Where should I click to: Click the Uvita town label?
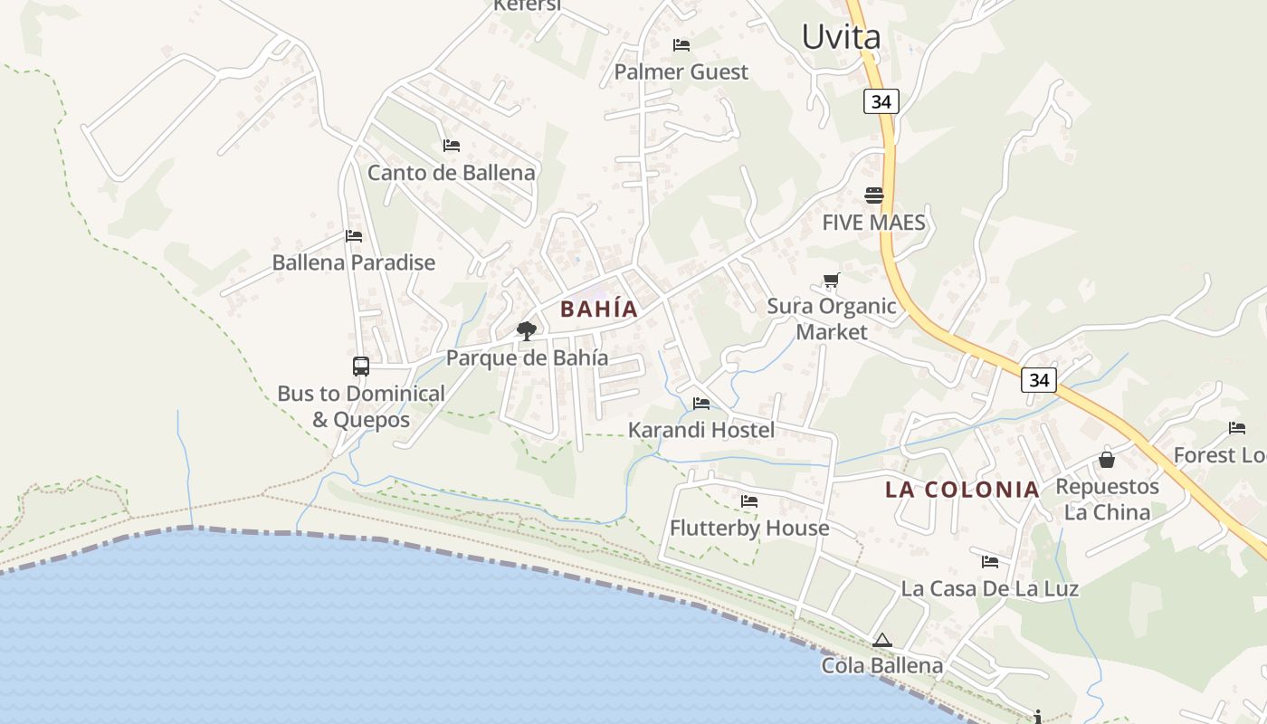coord(841,37)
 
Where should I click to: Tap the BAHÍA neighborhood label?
coord(599,309)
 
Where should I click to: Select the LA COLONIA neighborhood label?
coord(962,490)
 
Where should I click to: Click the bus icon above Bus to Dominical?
coord(361,367)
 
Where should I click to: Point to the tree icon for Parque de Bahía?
coord(526,331)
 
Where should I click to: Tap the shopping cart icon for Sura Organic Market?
coord(832,281)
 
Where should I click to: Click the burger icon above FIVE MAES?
coord(873,195)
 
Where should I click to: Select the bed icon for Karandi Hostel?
coord(701,404)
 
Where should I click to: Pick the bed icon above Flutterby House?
coord(749,500)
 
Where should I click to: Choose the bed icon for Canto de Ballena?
coord(452,146)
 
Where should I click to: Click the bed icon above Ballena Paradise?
coord(354,236)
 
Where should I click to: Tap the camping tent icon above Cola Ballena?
coord(882,641)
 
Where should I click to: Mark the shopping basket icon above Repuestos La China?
coord(1106,460)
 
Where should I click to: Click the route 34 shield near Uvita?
coord(881,101)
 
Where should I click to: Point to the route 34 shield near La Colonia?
coord(1038,380)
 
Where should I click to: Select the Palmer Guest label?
coord(681,71)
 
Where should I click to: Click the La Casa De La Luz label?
coord(989,588)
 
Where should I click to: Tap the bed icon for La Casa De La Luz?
coord(990,562)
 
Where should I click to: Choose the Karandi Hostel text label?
coord(701,430)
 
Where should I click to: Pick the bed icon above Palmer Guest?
coord(681,45)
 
